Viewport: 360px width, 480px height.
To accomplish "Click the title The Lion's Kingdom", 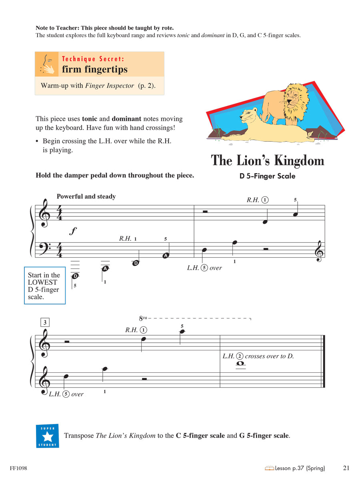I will pos(267,160).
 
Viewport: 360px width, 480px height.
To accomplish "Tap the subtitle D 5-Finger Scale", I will pos(267,176).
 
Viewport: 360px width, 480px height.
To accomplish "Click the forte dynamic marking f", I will pos(72,231).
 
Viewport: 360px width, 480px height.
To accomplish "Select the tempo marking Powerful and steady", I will pos(86,196).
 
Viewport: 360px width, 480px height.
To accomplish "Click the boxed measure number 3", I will pos(45,322).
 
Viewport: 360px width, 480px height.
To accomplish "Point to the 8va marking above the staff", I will pos(143,318).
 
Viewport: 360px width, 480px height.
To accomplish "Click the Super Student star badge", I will pos(47,436).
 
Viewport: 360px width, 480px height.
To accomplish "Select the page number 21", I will pos(346,468).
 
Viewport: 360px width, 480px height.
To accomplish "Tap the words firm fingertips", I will pos(94,69).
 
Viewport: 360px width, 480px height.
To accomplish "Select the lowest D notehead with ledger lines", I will pos(75,276).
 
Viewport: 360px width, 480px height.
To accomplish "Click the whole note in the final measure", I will pos(240,364).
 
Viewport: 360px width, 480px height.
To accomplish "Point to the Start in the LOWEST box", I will pos(44,286).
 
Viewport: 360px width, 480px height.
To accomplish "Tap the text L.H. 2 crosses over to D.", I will pos(258,356).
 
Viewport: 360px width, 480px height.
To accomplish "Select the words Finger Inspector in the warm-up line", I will pos(109,86).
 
